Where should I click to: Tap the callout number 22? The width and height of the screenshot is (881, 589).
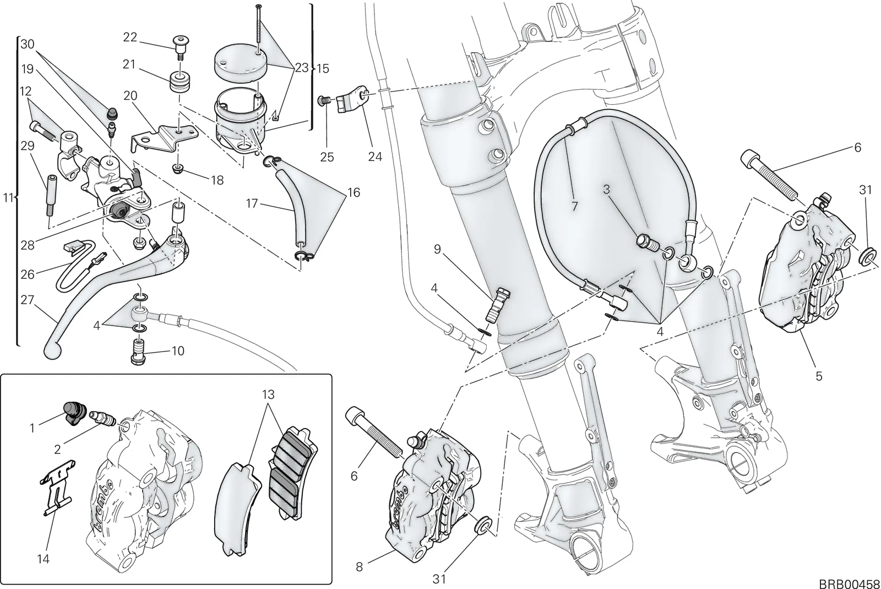click(130, 37)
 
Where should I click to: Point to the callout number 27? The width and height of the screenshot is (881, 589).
click(28, 300)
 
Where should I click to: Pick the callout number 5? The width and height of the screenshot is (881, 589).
click(819, 376)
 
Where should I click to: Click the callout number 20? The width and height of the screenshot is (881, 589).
click(130, 95)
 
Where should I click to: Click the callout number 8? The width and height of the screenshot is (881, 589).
click(359, 567)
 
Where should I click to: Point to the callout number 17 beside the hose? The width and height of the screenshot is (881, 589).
click(252, 203)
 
